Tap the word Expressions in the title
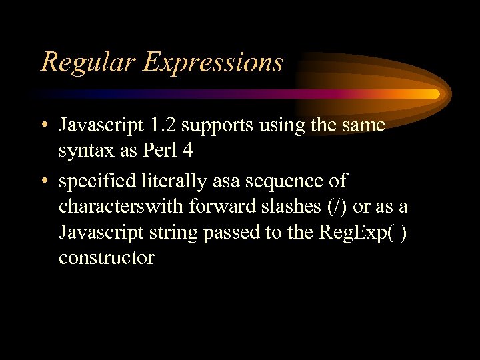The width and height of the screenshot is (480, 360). tap(213, 62)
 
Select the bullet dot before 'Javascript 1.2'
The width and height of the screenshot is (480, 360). tap(43, 126)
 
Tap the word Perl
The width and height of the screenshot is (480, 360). tap(160, 151)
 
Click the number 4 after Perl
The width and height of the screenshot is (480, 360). tap(187, 151)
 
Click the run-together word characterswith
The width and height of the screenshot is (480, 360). tap(121, 207)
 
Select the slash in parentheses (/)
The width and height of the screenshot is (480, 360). tap(339, 207)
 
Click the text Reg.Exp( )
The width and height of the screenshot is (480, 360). tap(356, 233)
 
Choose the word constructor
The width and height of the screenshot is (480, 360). tap(106, 257)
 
